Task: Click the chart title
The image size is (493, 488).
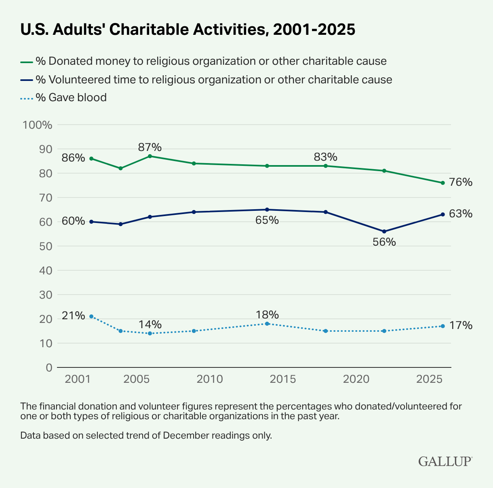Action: pos(188,30)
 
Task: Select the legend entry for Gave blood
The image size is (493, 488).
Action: pos(71,98)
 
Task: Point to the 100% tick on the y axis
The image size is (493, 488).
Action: pos(38,125)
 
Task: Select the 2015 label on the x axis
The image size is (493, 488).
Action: pos(282,379)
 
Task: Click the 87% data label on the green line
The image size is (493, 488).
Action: pos(150,146)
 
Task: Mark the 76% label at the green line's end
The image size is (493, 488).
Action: pos(461,182)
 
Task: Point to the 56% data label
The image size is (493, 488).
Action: pos(384,242)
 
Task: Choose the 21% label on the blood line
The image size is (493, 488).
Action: pos(73,316)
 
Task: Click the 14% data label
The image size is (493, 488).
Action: pos(150,325)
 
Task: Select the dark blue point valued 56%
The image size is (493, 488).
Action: pos(384,231)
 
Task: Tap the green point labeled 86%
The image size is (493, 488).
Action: pos(91,159)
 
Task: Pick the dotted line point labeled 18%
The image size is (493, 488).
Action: pos(267,324)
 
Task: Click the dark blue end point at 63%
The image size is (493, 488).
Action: pos(442,214)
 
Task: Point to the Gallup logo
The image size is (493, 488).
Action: pos(445,461)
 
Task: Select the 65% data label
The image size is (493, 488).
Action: pos(267,221)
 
